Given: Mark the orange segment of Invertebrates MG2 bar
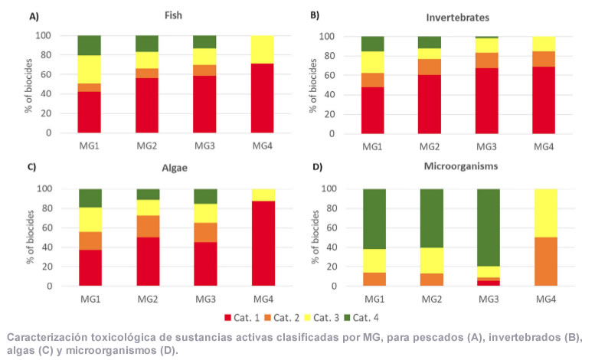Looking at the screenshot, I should click(429, 67).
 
